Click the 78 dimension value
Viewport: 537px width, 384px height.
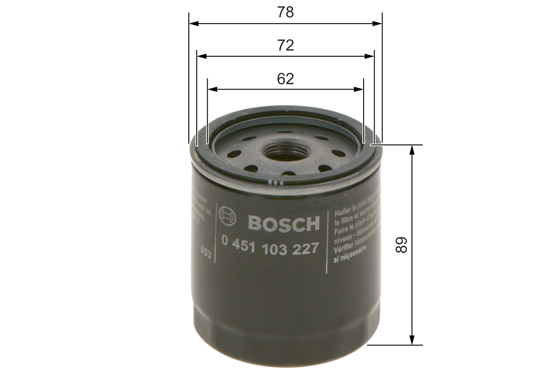point(285,13)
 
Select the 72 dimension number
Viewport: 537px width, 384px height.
point(285,45)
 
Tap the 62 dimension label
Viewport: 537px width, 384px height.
point(285,79)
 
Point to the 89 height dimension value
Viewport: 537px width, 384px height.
point(401,245)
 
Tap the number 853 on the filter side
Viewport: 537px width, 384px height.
point(206,252)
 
